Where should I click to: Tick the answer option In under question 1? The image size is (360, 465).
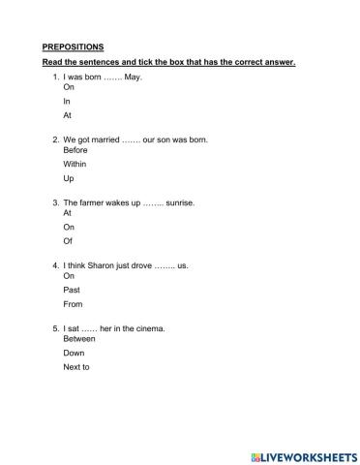click(67, 100)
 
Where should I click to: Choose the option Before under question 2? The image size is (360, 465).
click(75, 150)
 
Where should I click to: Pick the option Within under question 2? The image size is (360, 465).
click(75, 165)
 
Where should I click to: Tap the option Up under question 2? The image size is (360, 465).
click(68, 179)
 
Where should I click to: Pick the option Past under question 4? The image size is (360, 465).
click(71, 290)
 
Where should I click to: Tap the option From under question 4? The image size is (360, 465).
click(73, 303)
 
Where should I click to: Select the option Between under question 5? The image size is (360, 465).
click(78, 339)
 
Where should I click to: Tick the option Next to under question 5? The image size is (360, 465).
click(76, 367)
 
